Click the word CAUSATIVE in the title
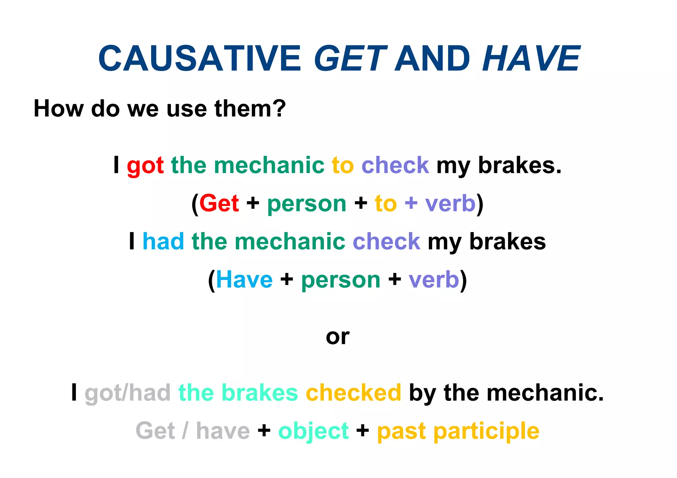click(x=200, y=58)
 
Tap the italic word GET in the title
click(x=350, y=58)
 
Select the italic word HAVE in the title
click(x=531, y=58)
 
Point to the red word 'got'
click(x=145, y=166)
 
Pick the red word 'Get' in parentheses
click(x=219, y=203)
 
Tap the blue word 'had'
click(x=163, y=241)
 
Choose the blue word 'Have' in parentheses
click(x=244, y=280)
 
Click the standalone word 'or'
click(x=338, y=337)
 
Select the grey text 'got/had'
click(x=128, y=393)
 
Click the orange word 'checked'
click(x=353, y=393)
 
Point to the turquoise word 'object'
click(x=313, y=431)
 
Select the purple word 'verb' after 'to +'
click(x=450, y=203)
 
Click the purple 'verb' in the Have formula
click(x=434, y=280)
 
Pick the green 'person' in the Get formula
click(x=306, y=204)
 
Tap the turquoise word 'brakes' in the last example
click(x=261, y=393)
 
